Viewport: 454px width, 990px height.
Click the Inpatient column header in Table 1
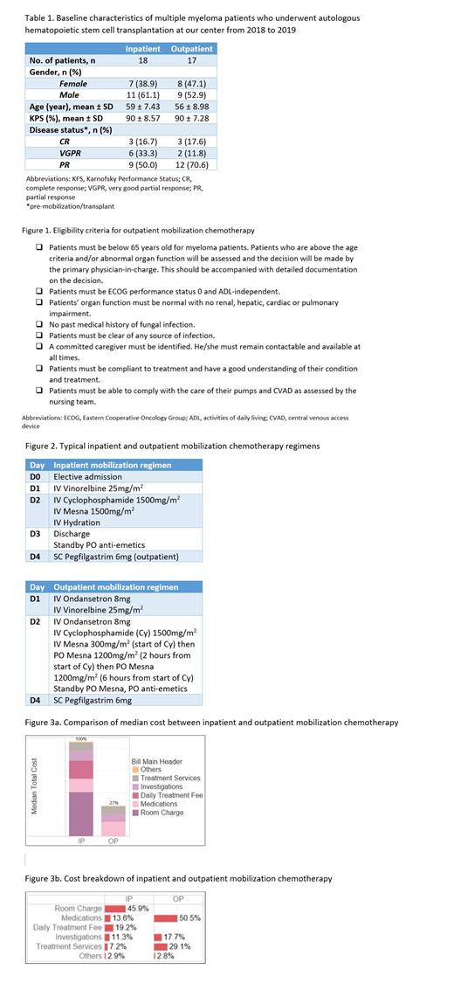point(143,49)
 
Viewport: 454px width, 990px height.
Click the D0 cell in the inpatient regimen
point(36,476)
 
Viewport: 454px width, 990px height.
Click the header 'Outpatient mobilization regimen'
point(115,587)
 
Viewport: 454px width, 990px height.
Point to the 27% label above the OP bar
point(112,801)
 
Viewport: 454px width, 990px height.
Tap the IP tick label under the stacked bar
point(81,841)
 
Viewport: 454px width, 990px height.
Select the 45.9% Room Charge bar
point(114,908)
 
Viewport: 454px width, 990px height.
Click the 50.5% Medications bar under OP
point(165,917)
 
